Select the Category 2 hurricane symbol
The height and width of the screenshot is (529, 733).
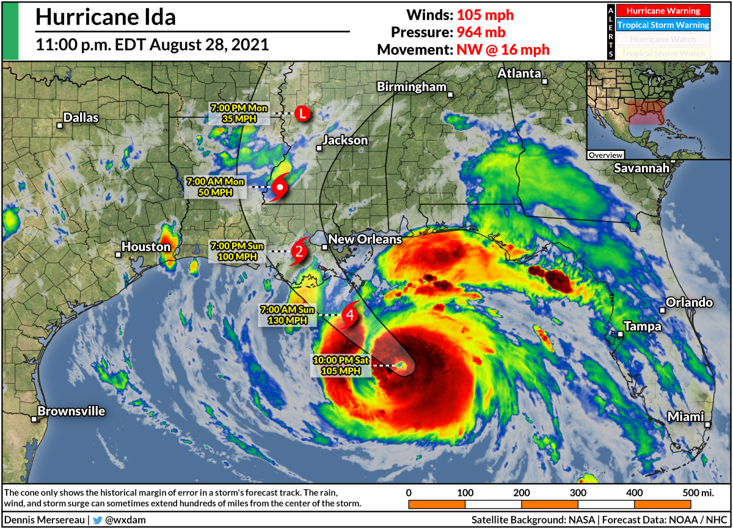click(298, 250)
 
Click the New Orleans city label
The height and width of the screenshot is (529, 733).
click(365, 239)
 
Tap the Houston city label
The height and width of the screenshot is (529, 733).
click(145, 247)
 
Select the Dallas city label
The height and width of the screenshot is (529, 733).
click(81, 118)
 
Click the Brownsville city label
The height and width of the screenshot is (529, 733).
click(71, 411)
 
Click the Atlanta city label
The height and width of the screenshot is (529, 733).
click(519, 73)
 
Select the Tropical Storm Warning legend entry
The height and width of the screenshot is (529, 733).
click(663, 25)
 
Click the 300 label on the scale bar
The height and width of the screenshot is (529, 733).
click(578, 492)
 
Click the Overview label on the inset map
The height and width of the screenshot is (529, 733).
click(606, 155)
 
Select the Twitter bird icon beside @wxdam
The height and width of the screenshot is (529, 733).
click(98, 520)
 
